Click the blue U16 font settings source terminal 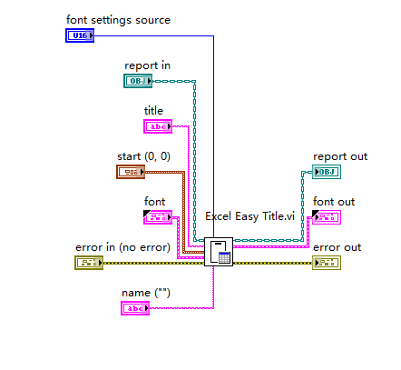[80, 35]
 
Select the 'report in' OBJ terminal [138, 81]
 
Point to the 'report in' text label [147, 65]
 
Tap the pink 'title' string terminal [158, 126]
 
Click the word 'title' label [154, 111]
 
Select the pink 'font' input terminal [158, 216]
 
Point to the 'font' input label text [155, 201]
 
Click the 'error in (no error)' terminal [89, 263]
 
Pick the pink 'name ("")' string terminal [135, 308]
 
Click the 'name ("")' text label [147, 293]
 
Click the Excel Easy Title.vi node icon [219, 251]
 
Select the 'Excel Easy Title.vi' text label [250, 216]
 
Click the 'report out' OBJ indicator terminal [327, 172]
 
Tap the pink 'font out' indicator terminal [327, 216]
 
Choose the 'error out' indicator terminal [327, 263]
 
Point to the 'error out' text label [337, 247]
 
